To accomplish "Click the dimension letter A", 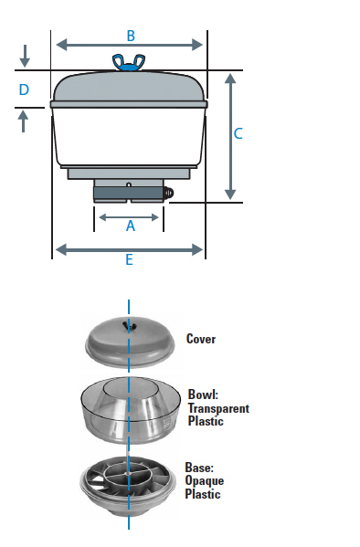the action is coord(131,226).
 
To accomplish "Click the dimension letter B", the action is coord(131,36).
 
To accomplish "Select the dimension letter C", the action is coord(238,133).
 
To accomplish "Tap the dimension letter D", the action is coord(24,89).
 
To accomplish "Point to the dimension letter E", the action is coord(129,260).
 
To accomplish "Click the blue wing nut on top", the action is coord(129,63).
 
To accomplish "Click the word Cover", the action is coord(201,339).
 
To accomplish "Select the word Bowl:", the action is coord(203,394).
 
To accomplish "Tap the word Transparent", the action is coord(218,408).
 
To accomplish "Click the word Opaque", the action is coord(205,481).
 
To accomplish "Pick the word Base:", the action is coord(199,468).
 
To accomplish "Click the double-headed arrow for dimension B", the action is coord(129,45).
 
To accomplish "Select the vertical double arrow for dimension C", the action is coord(230,136).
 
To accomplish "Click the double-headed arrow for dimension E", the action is coord(129,249).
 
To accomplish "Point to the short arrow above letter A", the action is coord(129,217).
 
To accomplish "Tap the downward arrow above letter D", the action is coord(25,56).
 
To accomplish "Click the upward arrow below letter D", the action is coord(23,121).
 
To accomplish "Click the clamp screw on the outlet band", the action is coord(169,193).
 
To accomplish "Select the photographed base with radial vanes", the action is coord(128,484).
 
